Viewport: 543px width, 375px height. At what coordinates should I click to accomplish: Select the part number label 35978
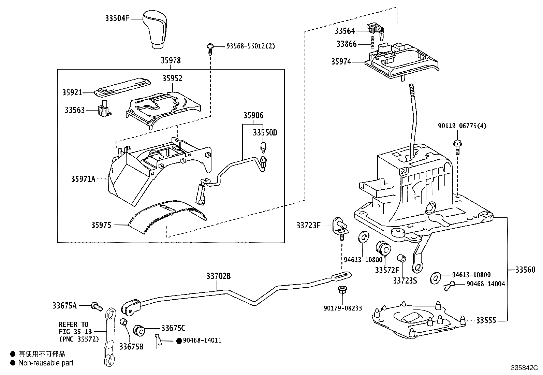pos(171,60)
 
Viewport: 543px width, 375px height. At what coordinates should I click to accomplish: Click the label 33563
pos(75,110)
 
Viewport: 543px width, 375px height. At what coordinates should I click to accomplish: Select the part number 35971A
pos(83,178)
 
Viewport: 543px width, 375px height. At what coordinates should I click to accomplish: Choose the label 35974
pos(341,62)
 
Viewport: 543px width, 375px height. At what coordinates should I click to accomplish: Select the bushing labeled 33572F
pos(382,248)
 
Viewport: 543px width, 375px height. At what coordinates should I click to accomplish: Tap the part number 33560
pos(525,270)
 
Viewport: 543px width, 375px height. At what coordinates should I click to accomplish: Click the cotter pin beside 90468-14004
pos(450,285)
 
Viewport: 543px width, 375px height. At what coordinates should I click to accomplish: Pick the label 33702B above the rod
pos(218,276)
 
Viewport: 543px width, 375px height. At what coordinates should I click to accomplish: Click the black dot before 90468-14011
pos(179,341)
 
